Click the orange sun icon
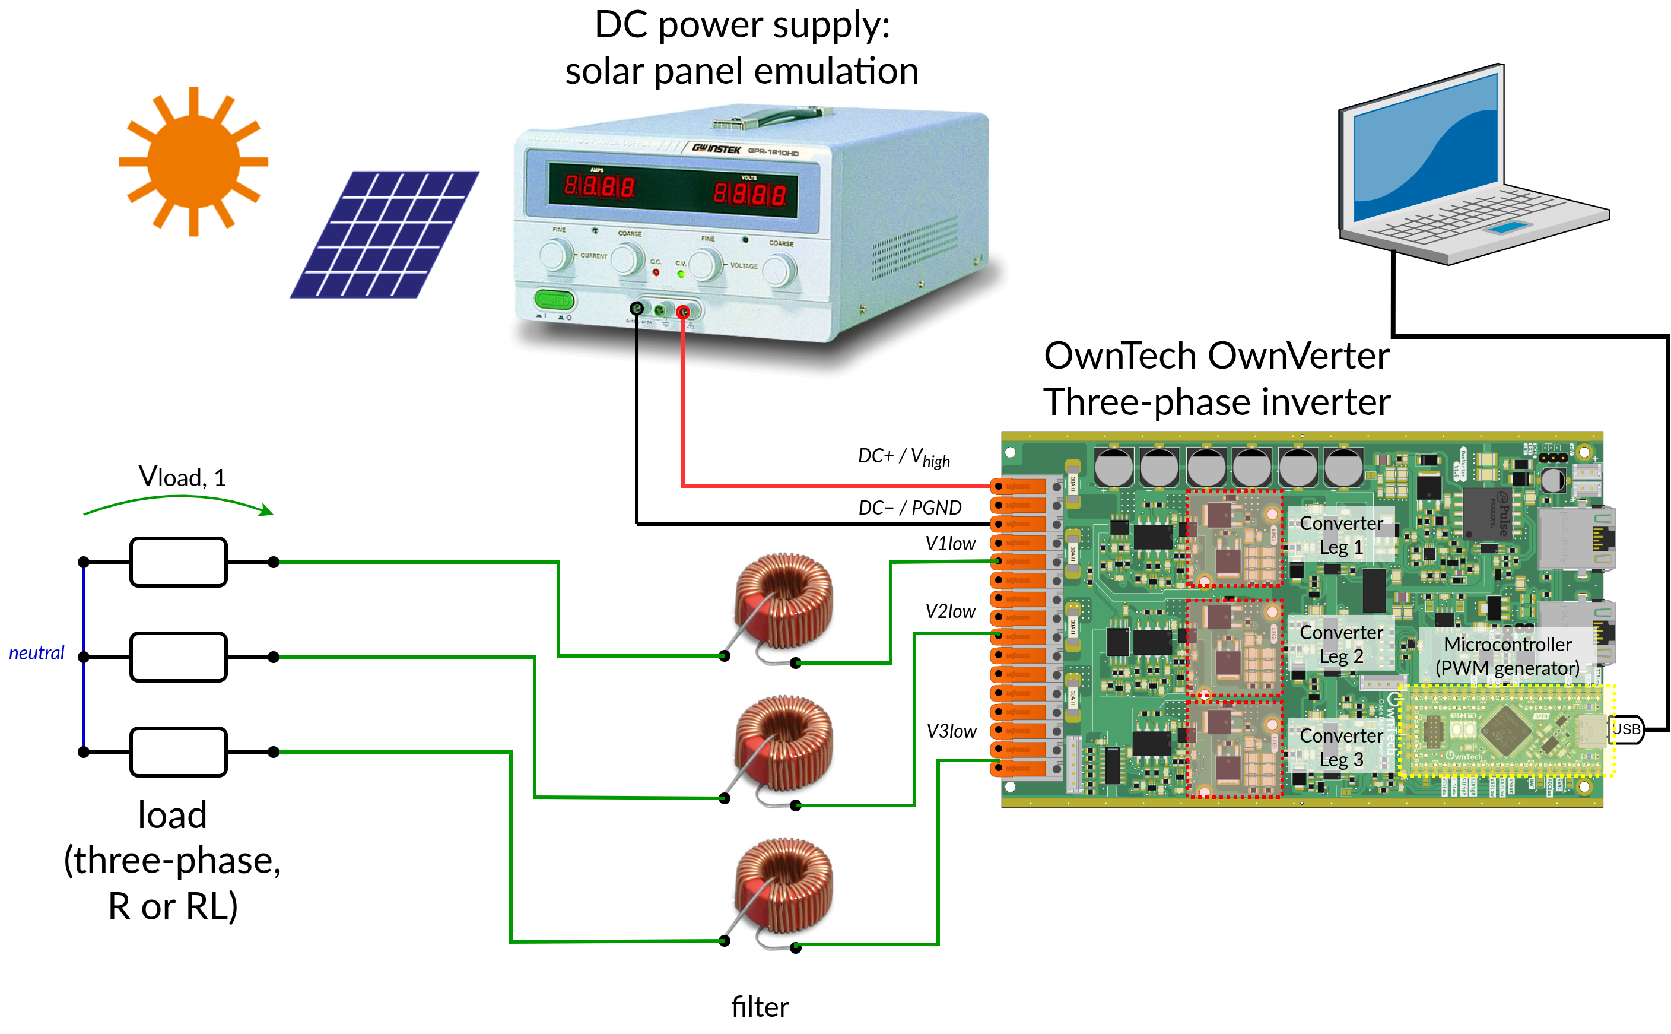(193, 162)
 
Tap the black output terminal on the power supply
(636, 309)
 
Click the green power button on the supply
(554, 300)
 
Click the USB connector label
(1625, 729)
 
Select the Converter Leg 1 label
(1340, 535)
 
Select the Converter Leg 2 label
(1340, 644)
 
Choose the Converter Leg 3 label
(1340, 747)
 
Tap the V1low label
(949, 544)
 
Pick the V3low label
(951, 731)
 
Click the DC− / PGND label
(909, 508)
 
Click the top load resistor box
(179, 562)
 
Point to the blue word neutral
(37, 653)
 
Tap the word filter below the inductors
(760, 1007)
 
